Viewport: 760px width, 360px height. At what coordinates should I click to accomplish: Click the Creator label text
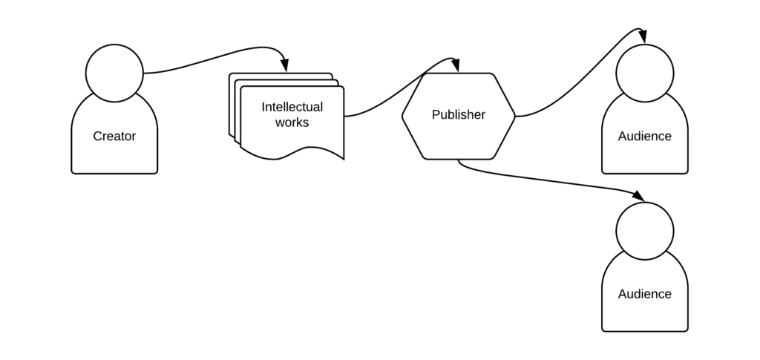(x=114, y=137)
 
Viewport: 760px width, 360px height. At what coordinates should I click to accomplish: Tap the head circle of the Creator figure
(x=114, y=73)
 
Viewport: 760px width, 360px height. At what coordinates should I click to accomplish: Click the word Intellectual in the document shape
(x=292, y=107)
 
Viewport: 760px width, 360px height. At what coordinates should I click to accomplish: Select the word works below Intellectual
(x=292, y=122)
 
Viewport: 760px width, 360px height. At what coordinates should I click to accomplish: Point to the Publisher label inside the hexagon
(x=458, y=115)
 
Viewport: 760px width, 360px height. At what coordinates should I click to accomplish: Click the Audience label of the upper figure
(x=644, y=137)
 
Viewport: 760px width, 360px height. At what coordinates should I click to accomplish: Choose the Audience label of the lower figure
(x=644, y=294)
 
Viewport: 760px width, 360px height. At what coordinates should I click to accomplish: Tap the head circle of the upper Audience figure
(x=644, y=73)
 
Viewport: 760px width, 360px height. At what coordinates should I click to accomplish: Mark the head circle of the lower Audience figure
(x=644, y=231)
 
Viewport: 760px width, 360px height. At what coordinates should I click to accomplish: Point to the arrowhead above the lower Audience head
(x=638, y=196)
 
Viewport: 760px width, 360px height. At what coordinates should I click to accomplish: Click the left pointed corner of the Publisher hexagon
(x=403, y=116)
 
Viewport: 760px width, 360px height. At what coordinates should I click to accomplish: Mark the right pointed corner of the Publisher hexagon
(x=514, y=116)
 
